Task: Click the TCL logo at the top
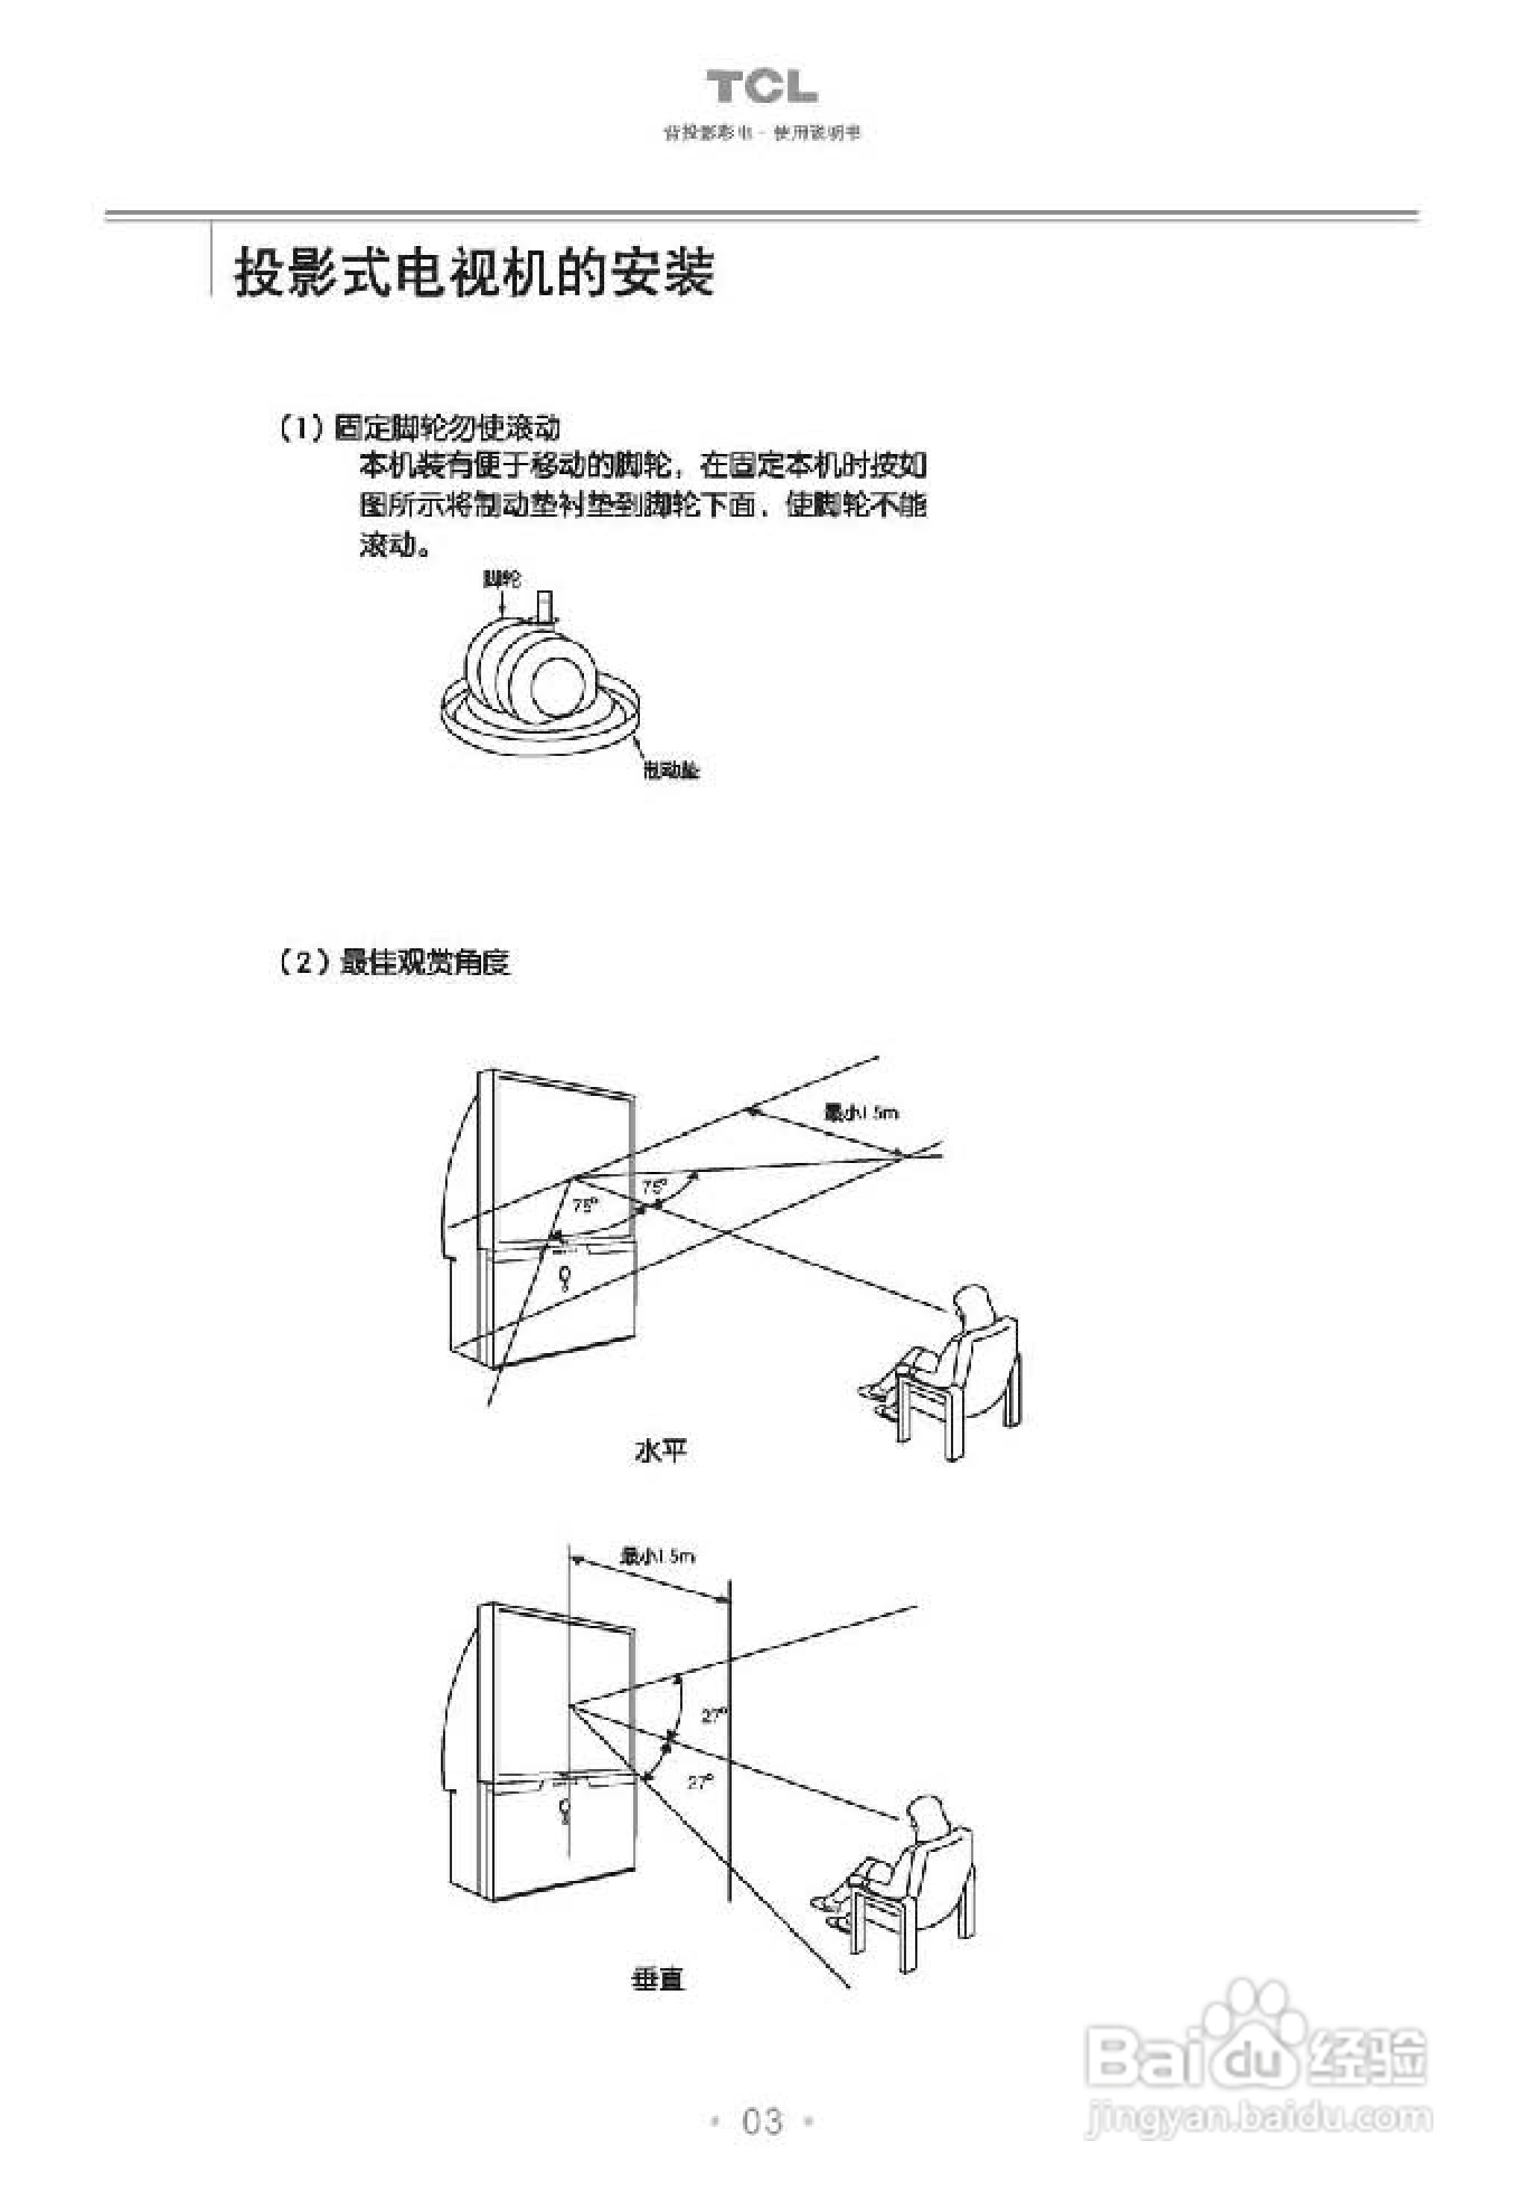pyautogui.click(x=762, y=87)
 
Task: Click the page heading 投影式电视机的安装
pyautogui.click(x=474, y=274)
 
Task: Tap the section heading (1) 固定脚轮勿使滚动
pyautogui.click(x=418, y=427)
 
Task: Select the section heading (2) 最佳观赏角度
pyautogui.click(x=394, y=962)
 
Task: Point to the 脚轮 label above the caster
pyautogui.click(x=503, y=579)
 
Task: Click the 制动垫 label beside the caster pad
pyautogui.click(x=671, y=770)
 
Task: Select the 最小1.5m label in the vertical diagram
pyautogui.click(x=658, y=1556)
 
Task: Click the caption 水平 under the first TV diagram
pyautogui.click(x=660, y=1451)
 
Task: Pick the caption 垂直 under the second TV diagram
pyautogui.click(x=658, y=1979)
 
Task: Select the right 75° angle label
pyautogui.click(x=654, y=1186)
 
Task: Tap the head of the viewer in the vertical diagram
pyautogui.click(x=925, y=1814)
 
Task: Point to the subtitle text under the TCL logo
pyautogui.click(x=762, y=133)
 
